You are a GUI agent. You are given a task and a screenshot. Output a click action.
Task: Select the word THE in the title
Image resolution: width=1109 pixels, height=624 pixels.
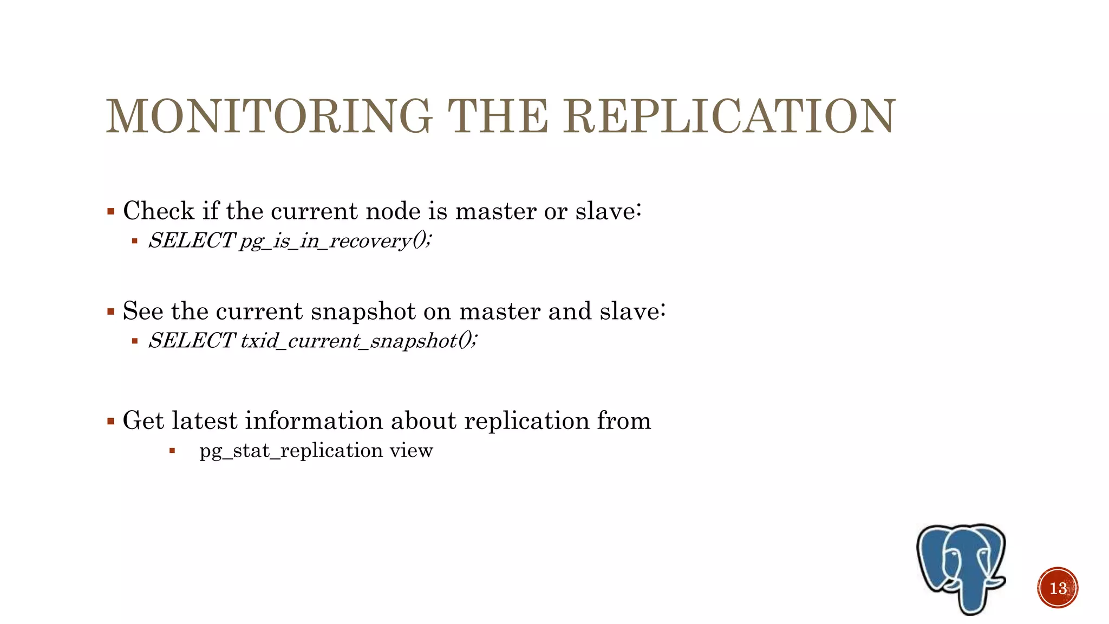[x=498, y=116]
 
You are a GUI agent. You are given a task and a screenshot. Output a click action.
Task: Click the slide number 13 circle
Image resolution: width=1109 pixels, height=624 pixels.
[x=1058, y=588]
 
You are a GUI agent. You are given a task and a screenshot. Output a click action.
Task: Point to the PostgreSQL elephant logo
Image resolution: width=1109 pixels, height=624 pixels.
[x=962, y=567]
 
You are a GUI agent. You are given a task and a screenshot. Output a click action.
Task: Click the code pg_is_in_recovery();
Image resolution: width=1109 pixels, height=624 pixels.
[x=336, y=240]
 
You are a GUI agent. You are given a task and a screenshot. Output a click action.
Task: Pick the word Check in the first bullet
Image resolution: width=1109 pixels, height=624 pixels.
[x=158, y=211]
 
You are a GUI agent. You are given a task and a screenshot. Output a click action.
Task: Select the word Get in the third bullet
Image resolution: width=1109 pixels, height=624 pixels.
[x=143, y=420]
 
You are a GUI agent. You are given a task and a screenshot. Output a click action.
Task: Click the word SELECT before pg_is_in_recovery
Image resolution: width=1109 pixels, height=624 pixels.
[x=191, y=240]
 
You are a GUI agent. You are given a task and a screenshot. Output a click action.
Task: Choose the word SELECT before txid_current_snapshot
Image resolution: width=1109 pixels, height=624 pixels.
[x=191, y=341]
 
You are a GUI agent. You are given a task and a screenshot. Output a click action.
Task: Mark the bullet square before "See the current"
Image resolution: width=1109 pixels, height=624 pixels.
[x=111, y=312]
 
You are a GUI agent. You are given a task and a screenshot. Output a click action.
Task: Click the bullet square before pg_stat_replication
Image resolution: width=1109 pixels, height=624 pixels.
[x=172, y=451]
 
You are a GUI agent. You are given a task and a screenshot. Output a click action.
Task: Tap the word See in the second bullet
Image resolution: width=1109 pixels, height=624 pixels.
[x=143, y=311]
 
